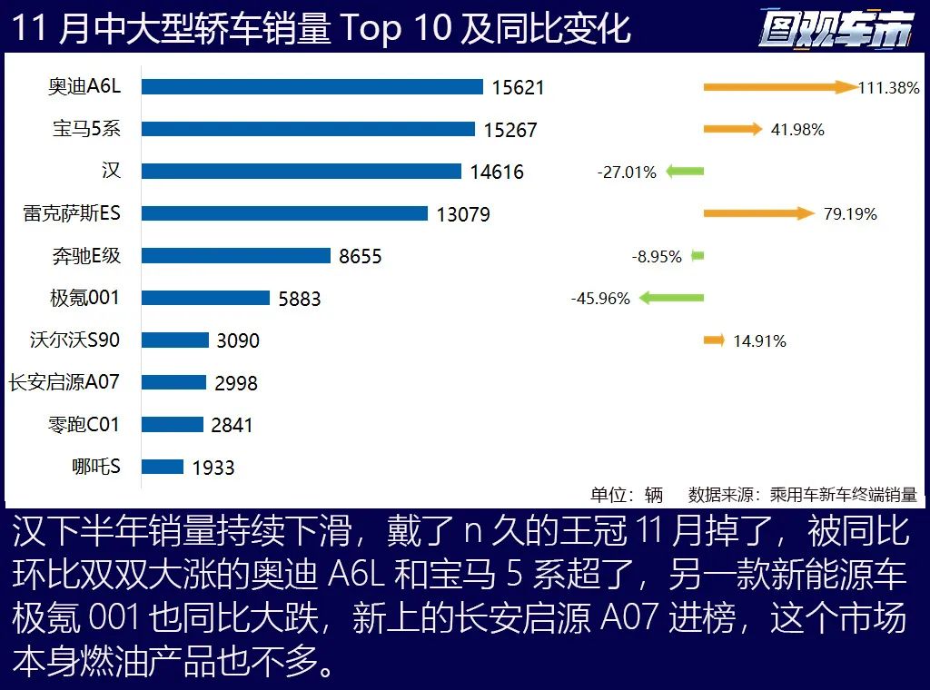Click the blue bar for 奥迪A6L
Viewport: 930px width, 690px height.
312,87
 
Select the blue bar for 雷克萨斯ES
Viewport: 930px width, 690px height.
284,213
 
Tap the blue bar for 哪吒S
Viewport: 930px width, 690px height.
163,467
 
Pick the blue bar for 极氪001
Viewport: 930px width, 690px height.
206,298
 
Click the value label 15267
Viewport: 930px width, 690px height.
510,130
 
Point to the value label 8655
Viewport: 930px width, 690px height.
361,256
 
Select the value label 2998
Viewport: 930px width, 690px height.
236,383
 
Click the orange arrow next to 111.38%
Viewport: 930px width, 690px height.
779,87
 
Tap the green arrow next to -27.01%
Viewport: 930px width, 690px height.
685,172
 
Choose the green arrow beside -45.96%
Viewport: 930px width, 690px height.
672,298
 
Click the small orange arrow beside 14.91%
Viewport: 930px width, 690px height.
714,340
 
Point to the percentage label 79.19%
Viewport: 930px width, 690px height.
850,214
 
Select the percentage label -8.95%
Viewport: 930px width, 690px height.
657,257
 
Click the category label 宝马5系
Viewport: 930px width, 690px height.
85,129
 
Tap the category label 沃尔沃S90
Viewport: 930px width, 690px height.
74,340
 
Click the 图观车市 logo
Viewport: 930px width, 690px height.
836,29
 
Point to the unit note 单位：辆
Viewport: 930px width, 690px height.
626,495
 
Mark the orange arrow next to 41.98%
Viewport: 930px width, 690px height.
732,129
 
